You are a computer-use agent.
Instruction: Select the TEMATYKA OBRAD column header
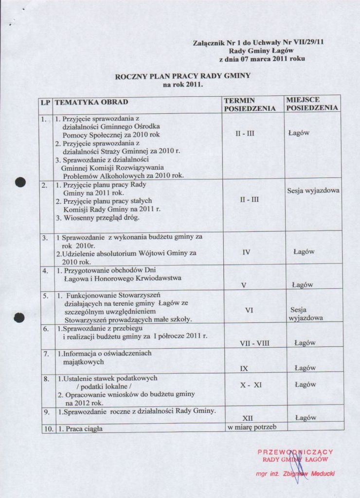(91, 102)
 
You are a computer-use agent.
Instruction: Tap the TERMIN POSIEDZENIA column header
(249, 105)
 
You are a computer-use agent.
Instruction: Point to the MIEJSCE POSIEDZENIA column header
(312, 104)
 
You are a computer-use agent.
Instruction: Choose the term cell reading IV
(246, 252)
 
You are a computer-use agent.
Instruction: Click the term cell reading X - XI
(251, 385)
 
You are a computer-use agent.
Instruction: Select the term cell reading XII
(248, 418)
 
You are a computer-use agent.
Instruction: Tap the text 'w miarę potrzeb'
(252, 427)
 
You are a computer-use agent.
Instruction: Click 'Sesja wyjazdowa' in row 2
(313, 191)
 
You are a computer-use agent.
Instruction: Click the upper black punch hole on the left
(19, 182)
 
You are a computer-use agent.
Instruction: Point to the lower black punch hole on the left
(19, 318)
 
